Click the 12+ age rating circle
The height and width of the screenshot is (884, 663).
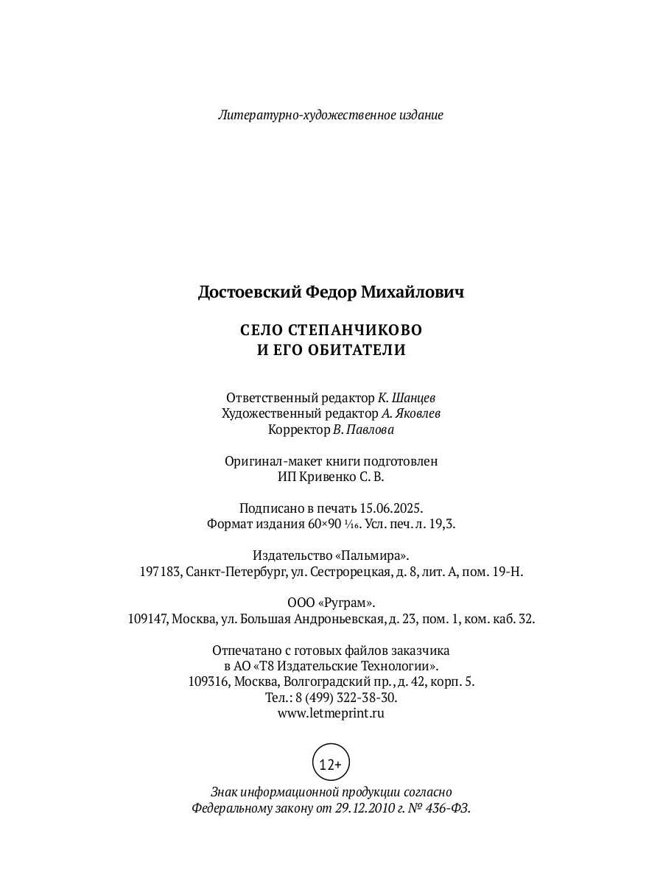(331, 764)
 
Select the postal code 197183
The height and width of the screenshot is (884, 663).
(160, 572)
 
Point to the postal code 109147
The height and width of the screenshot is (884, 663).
(149, 619)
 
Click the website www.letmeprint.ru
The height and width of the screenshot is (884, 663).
(331, 713)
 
